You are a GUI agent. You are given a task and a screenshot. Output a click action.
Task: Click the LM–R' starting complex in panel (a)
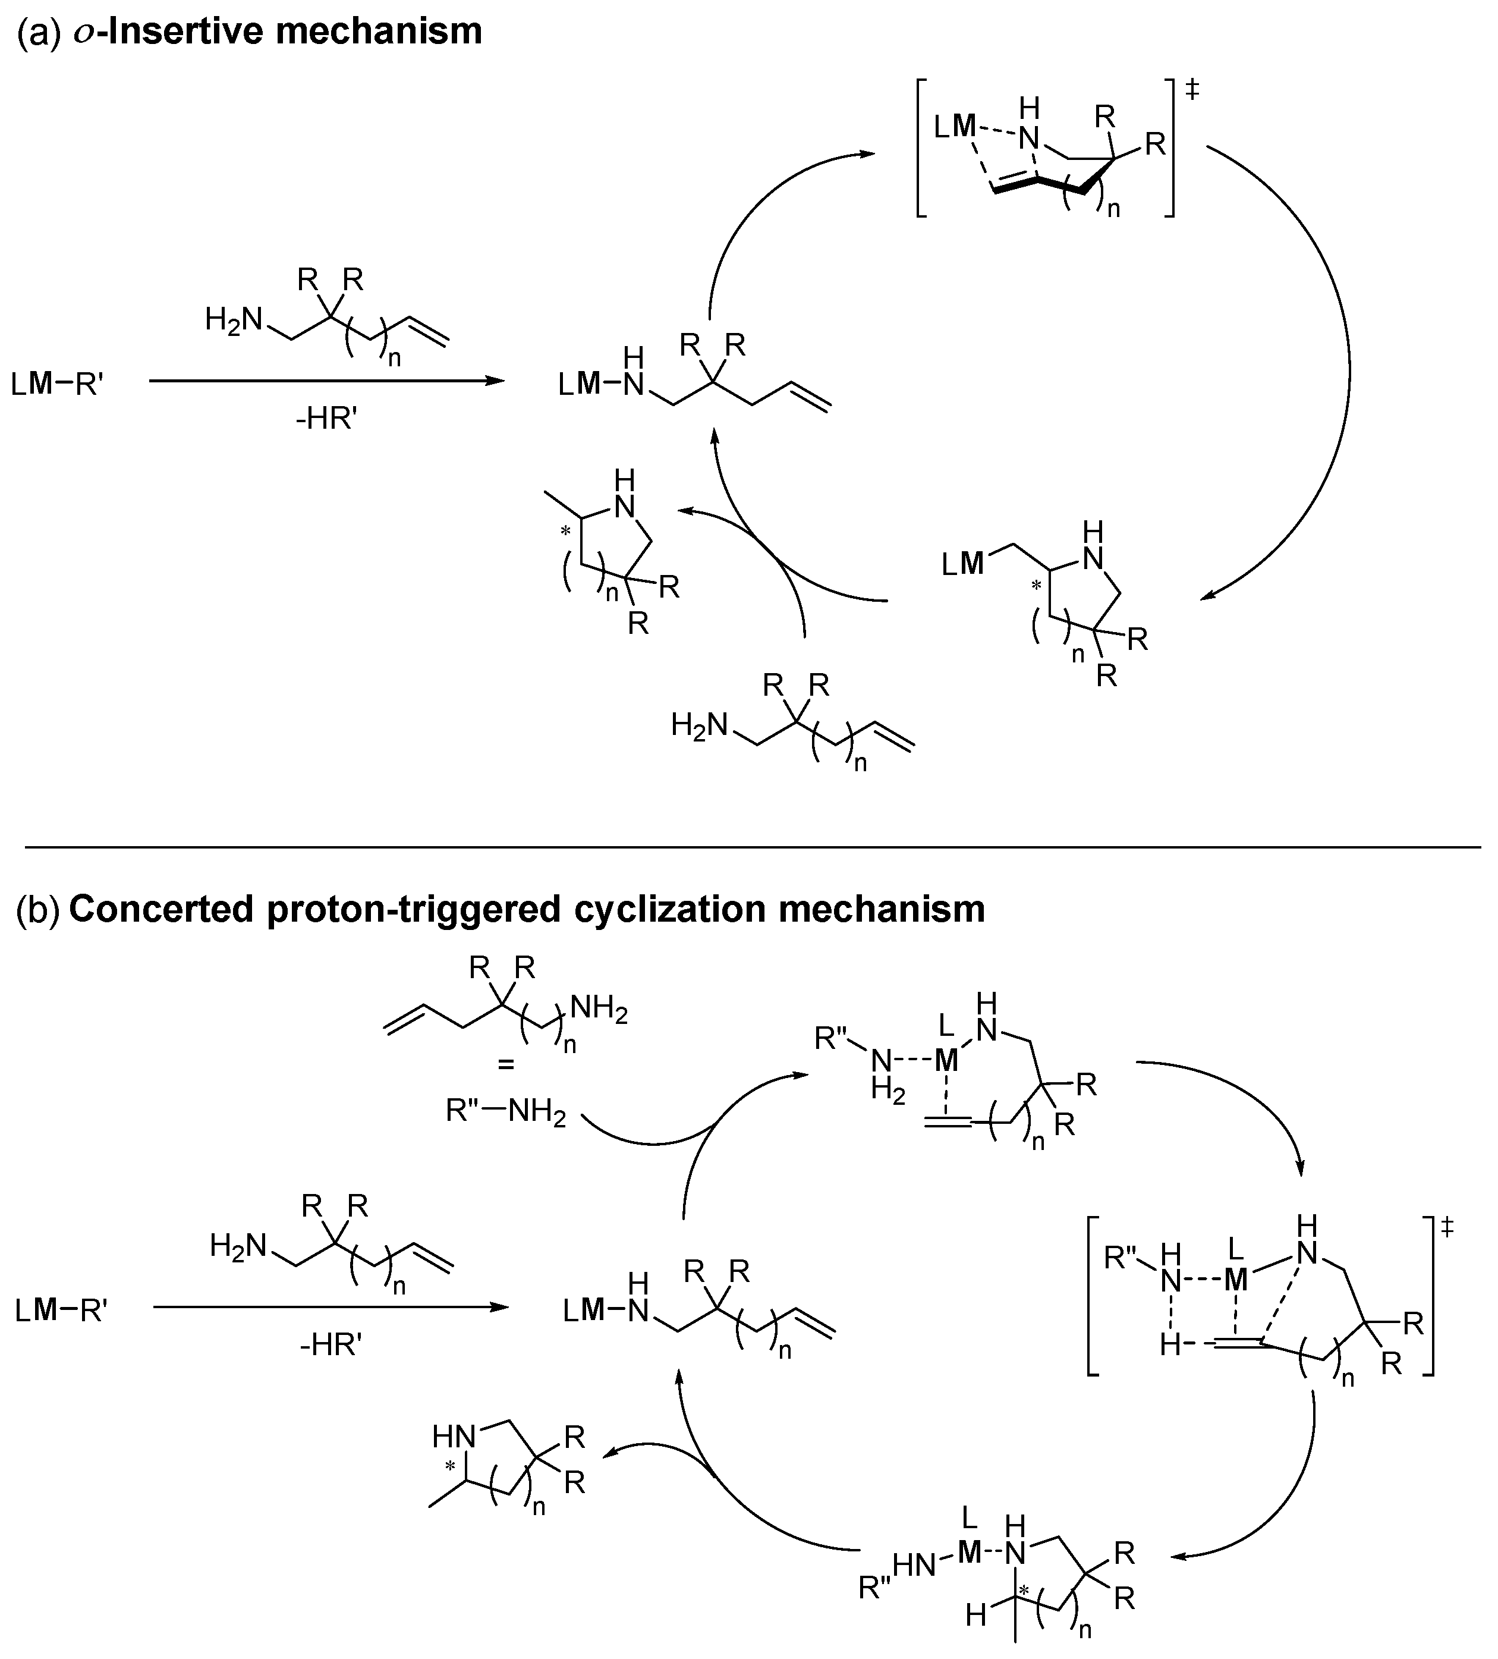pos(58,383)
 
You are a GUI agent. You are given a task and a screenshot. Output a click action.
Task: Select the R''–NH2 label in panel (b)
pos(505,1113)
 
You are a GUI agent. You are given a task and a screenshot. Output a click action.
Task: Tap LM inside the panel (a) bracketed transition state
pos(954,128)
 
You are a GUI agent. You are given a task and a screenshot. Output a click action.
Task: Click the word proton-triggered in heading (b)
pos(400,909)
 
